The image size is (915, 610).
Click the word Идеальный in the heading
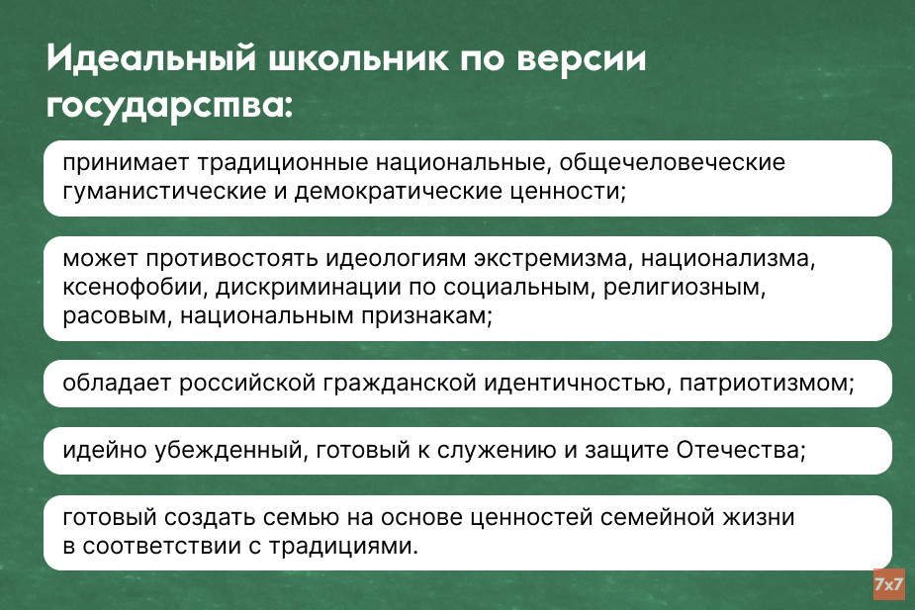151,58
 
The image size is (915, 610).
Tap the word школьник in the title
358,58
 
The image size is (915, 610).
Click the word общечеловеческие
673,163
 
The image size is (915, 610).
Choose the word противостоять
231,258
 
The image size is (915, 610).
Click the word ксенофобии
136,287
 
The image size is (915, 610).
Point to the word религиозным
684,287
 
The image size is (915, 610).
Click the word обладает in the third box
117,384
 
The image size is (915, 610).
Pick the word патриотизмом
767,384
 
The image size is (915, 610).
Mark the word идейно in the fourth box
105,450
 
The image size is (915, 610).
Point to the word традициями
343,547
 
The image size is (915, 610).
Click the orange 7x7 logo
888,583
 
